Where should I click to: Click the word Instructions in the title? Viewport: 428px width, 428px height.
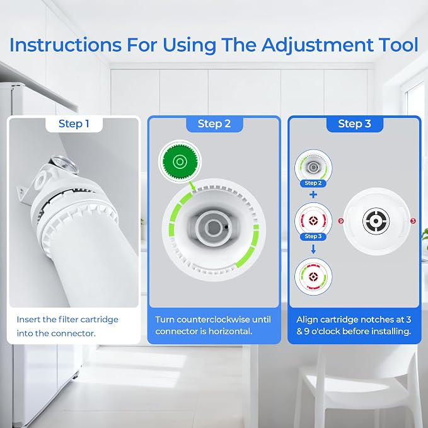[66, 45]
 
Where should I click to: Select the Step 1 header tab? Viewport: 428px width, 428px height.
[74, 124]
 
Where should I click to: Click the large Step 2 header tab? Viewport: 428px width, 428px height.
[214, 124]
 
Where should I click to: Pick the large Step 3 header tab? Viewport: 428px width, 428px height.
[355, 124]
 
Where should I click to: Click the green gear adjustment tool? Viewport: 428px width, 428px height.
[180, 161]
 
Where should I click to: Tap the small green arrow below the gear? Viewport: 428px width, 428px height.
[192, 186]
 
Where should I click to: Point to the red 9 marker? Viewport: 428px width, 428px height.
[341, 221]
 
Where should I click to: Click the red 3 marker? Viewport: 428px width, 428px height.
[413, 221]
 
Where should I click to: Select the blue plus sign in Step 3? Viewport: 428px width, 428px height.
[313, 195]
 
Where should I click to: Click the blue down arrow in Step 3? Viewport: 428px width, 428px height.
[313, 249]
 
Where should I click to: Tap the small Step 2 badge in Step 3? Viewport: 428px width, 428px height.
[313, 183]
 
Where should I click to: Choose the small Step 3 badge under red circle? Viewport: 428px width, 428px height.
[313, 236]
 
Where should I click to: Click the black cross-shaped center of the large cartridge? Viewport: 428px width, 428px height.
[376, 221]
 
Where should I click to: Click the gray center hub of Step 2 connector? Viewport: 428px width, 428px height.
[214, 228]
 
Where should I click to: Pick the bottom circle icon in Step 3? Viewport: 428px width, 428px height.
[313, 277]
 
